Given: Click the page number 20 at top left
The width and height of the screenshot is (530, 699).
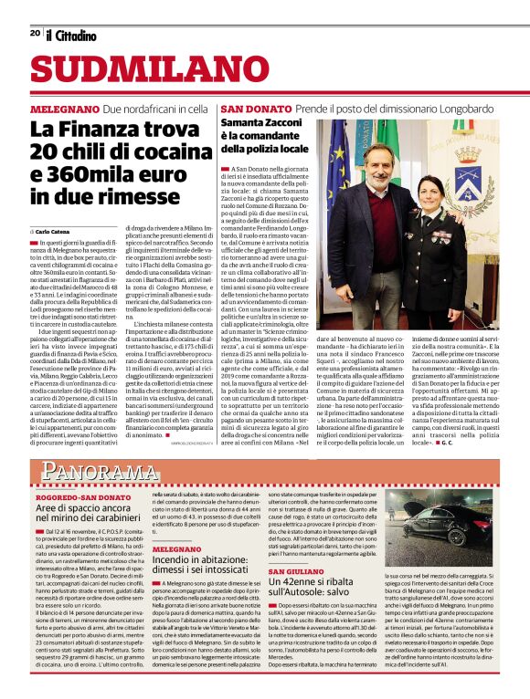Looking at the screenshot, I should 35,33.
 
